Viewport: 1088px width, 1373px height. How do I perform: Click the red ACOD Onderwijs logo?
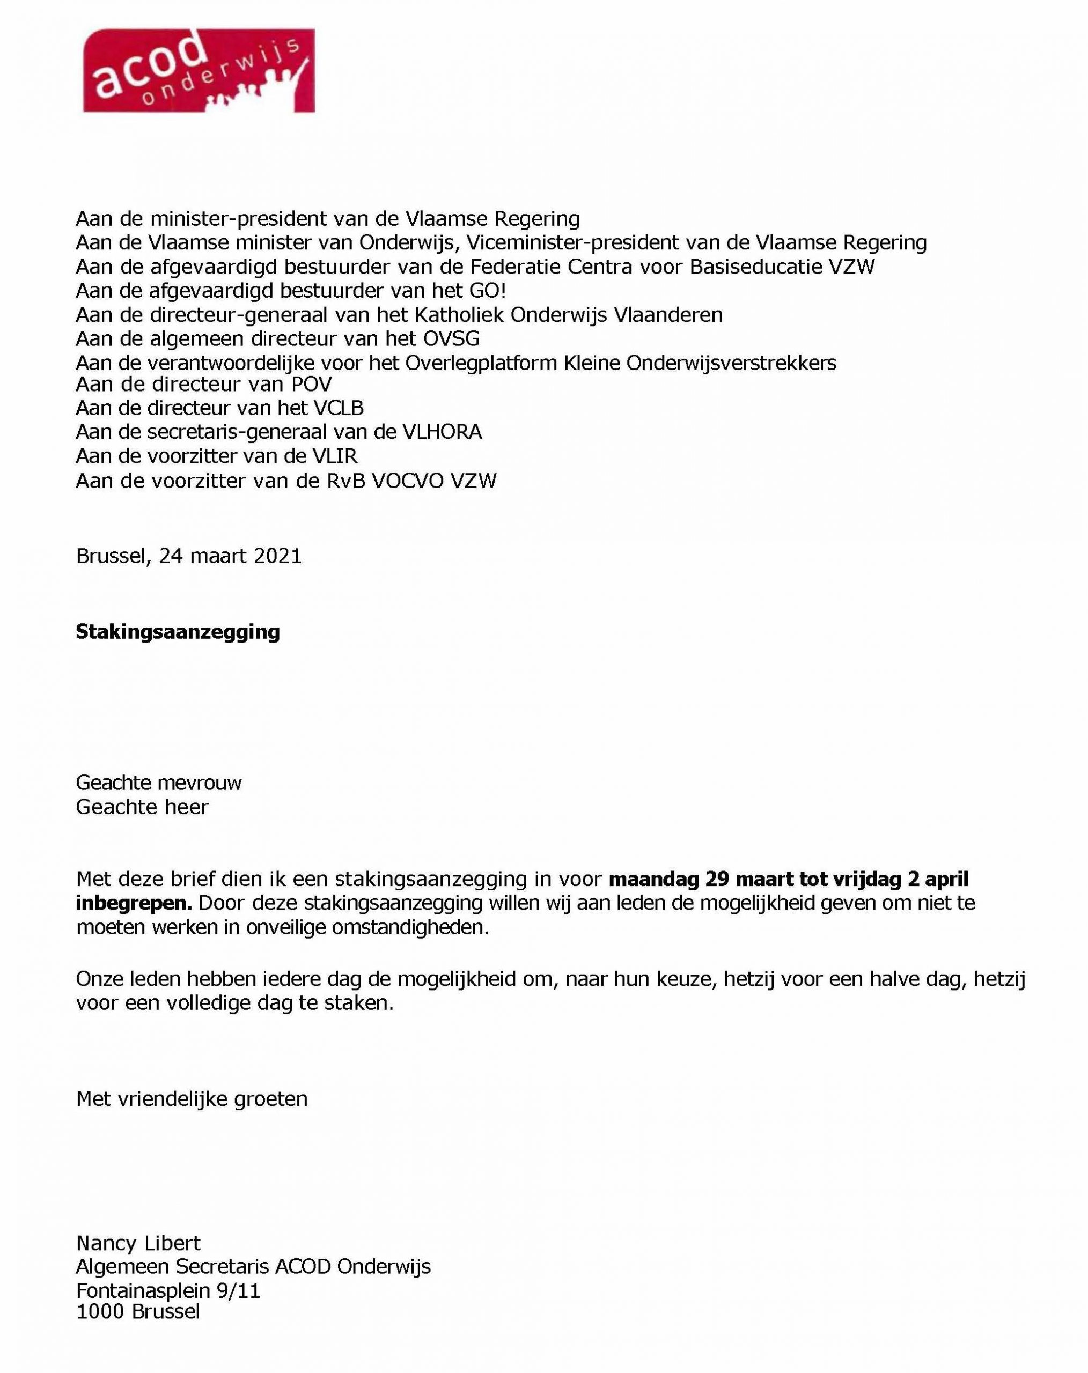[x=198, y=71]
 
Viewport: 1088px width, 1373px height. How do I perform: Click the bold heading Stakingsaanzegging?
[x=178, y=632]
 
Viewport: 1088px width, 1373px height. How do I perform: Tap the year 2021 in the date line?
[x=278, y=556]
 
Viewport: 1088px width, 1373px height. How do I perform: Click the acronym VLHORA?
[x=442, y=432]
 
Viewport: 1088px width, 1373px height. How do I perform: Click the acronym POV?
[x=309, y=384]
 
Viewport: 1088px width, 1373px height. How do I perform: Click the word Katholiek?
[x=460, y=315]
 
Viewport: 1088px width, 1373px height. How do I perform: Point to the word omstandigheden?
[x=409, y=927]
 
